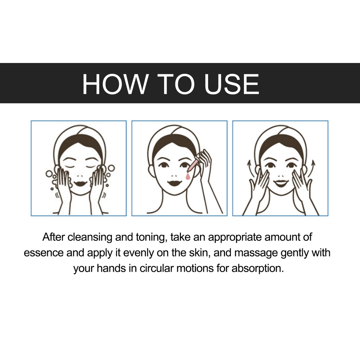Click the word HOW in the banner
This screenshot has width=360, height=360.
point(115,84)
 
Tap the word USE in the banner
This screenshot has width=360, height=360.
point(232,84)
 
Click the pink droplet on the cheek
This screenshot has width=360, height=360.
point(188,176)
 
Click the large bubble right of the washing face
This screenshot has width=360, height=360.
point(111,168)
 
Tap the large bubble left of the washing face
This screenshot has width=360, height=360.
point(49,174)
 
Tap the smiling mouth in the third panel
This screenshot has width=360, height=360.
point(281,183)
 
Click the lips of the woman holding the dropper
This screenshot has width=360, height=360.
point(174,183)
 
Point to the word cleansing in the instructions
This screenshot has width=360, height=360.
point(90,237)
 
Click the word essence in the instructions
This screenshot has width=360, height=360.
point(44,253)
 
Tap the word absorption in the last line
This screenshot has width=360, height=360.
point(258,268)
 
